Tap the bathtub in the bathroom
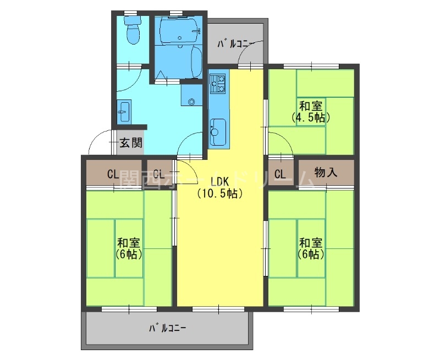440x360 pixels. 195,63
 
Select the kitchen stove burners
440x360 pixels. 218,84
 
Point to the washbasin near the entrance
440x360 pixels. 123,112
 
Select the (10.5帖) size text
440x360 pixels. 219,193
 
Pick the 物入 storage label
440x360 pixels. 326,173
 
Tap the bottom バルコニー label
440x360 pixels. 167,329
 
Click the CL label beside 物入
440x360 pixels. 280,175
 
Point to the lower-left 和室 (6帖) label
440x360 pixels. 129,248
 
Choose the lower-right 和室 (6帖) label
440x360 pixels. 311,248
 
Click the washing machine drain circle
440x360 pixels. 191,101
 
